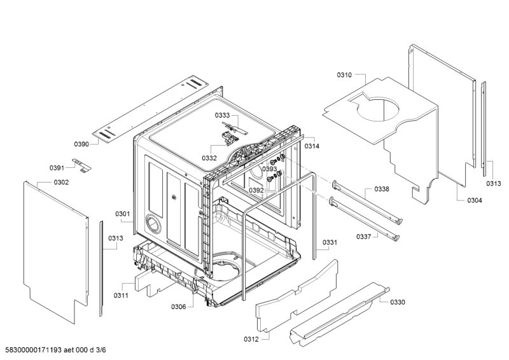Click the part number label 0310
(x=344, y=75)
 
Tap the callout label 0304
(x=475, y=200)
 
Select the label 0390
(x=81, y=144)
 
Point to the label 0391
(x=57, y=168)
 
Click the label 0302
(x=61, y=182)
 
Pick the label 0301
(x=122, y=214)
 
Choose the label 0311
(x=121, y=295)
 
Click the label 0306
(x=179, y=307)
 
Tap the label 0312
(x=251, y=339)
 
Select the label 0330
(x=398, y=302)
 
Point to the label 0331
(x=330, y=242)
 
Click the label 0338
(x=382, y=189)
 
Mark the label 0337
(x=363, y=237)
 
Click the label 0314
(x=312, y=146)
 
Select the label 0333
(x=222, y=115)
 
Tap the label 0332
(x=209, y=158)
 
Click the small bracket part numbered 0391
(x=81, y=165)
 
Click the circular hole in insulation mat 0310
(x=377, y=109)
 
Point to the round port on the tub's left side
(x=153, y=224)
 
